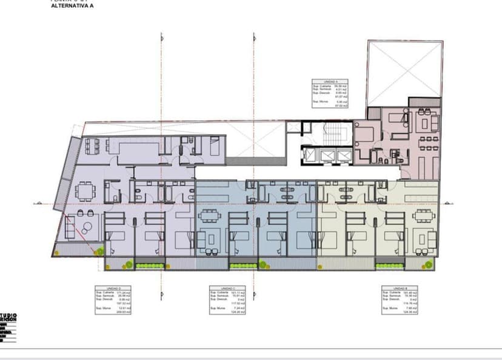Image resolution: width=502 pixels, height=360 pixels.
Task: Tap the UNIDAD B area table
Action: tap(400, 299)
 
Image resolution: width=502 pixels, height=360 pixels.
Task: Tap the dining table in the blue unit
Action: tap(210, 216)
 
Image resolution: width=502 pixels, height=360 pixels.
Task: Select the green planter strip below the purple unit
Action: tap(150, 264)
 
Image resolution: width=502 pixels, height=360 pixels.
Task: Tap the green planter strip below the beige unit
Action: tap(390, 264)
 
